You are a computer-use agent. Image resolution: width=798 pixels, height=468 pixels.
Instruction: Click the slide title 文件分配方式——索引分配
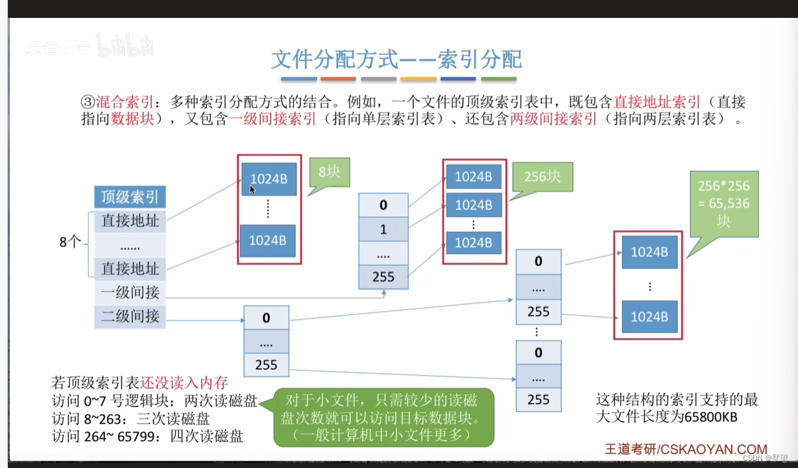tap(397, 59)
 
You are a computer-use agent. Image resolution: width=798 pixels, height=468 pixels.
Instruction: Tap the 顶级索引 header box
tap(129, 197)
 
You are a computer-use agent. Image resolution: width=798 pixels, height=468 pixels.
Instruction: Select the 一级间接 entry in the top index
tap(130, 292)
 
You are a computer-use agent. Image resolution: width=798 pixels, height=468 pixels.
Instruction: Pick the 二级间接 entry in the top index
tap(130, 316)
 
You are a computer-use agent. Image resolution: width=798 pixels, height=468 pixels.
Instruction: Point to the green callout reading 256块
tap(541, 177)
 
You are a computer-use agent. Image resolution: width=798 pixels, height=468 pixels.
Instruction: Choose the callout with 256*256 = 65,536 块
tap(724, 203)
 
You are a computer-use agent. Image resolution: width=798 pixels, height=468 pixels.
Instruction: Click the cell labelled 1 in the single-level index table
tap(383, 229)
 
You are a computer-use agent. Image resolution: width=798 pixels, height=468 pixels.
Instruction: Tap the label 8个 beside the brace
tap(70, 242)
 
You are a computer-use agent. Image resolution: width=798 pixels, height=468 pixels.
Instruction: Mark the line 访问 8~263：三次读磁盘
tap(131, 418)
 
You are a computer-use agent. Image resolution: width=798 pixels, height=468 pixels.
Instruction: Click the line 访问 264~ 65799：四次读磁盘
tap(147, 436)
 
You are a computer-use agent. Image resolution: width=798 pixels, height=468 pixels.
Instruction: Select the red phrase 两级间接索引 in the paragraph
tap(553, 120)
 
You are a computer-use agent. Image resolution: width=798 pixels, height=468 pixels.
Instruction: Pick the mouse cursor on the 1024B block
tap(252, 190)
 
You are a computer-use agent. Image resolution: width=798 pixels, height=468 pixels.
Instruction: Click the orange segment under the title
tap(338, 79)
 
